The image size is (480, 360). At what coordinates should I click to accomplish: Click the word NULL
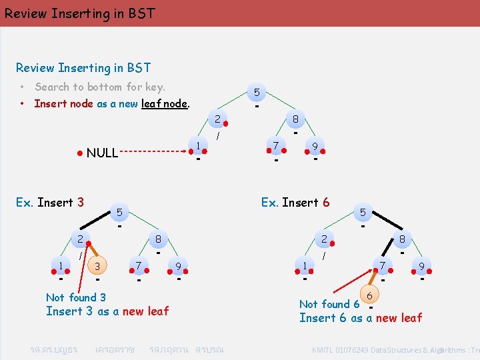(x=102, y=153)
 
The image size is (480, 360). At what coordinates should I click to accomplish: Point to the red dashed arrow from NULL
(x=153, y=151)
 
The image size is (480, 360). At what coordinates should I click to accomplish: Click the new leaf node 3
(x=97, y=266)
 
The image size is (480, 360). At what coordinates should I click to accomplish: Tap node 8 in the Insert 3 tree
(x=158, y=239)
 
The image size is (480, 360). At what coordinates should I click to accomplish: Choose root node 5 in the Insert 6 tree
(x=363, y=212)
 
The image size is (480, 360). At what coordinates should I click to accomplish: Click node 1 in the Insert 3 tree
(x=61, y=265)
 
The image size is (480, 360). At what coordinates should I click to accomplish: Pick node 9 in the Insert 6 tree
(x=421, y=266)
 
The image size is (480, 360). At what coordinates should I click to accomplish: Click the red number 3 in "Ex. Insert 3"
(x=80, y=202)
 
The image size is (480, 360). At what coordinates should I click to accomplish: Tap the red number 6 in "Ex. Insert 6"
(x=325, y=202)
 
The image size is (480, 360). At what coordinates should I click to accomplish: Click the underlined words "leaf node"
(x=165, y=103)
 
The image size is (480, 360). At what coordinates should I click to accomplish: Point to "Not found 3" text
(x=75, y=297)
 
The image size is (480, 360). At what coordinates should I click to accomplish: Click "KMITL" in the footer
(x=326, y=350)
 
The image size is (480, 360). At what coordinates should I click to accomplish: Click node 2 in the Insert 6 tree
(x=323, y=239)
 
